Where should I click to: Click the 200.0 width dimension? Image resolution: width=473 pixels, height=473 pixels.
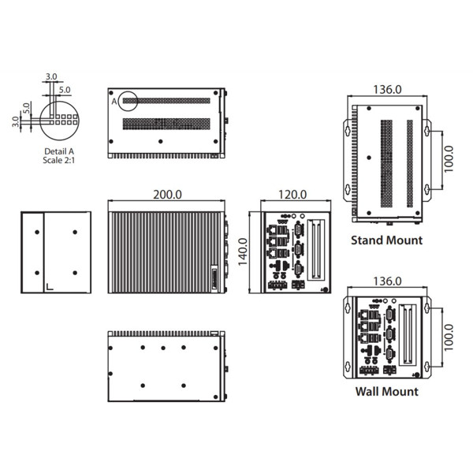167,194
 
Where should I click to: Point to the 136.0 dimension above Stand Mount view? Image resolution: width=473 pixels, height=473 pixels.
387,90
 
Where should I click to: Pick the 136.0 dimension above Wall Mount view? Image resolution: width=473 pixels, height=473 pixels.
387,281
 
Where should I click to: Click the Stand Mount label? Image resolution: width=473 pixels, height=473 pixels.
386,240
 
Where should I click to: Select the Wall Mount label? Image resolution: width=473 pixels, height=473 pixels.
386,391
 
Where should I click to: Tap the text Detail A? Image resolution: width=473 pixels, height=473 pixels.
60,151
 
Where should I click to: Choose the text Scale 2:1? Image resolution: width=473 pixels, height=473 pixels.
60,160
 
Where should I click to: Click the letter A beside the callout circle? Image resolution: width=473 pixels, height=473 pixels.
114,102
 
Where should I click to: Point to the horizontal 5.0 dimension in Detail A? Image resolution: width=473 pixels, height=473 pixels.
65,91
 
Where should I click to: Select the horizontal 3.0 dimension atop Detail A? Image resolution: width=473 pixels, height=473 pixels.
52,76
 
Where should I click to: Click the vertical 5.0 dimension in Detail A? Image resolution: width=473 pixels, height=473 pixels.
26,107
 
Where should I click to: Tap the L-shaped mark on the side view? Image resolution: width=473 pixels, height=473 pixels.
50,285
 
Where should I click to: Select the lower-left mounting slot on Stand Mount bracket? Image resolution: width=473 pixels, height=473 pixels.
346,189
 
